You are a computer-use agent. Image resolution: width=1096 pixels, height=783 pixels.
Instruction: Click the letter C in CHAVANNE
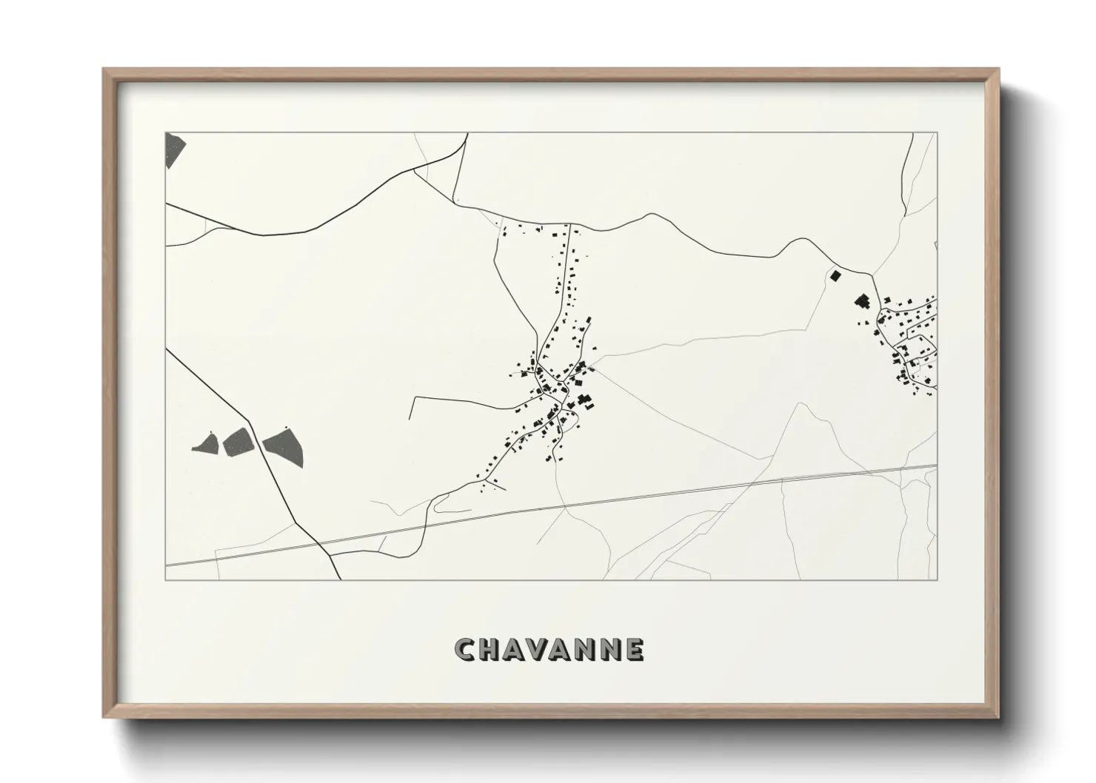(464, 649)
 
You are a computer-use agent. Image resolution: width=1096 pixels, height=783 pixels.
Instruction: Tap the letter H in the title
(489, 649)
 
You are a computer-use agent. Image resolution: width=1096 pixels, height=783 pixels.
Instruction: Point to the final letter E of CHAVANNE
(634, 649)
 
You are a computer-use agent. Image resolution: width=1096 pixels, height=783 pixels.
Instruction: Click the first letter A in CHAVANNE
(512, 649)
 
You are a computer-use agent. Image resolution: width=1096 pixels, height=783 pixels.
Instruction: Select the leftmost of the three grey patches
(205, 444)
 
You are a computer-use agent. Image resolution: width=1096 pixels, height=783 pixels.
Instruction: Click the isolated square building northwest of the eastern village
(835, 276)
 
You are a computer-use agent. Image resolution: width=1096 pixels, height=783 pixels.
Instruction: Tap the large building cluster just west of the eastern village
(863, 302)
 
